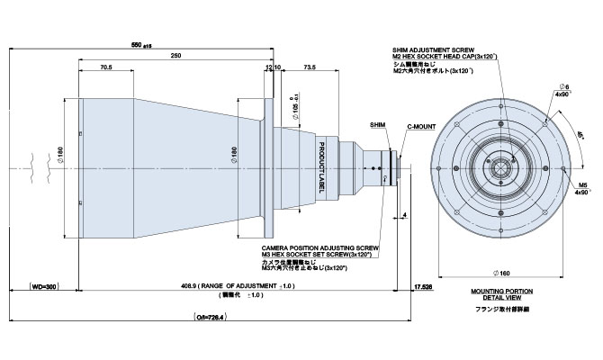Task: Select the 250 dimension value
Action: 175,56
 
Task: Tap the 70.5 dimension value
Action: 106,67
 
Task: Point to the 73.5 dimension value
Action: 310,67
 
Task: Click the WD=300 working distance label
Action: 38,285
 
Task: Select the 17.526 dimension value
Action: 422,285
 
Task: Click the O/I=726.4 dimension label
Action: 211,317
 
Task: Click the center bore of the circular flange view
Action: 501,169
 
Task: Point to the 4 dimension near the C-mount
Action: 407,215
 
